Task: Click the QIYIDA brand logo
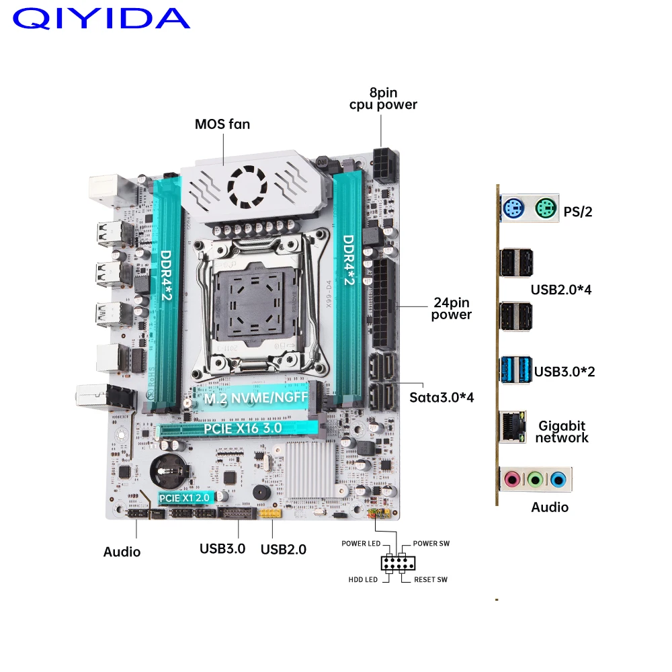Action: (x=101, y=18)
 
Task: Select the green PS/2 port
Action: (x=546, y=208)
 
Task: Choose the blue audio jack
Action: (x=557, y=480)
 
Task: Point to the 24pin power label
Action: (x=451, y=308)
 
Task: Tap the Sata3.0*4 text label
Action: (x=442, y=397)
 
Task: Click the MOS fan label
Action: (x=222, y=124)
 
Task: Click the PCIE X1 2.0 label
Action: (x=185, y=498)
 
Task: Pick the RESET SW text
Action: (x=430, y=579)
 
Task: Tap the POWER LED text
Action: (x=361, y=544)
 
